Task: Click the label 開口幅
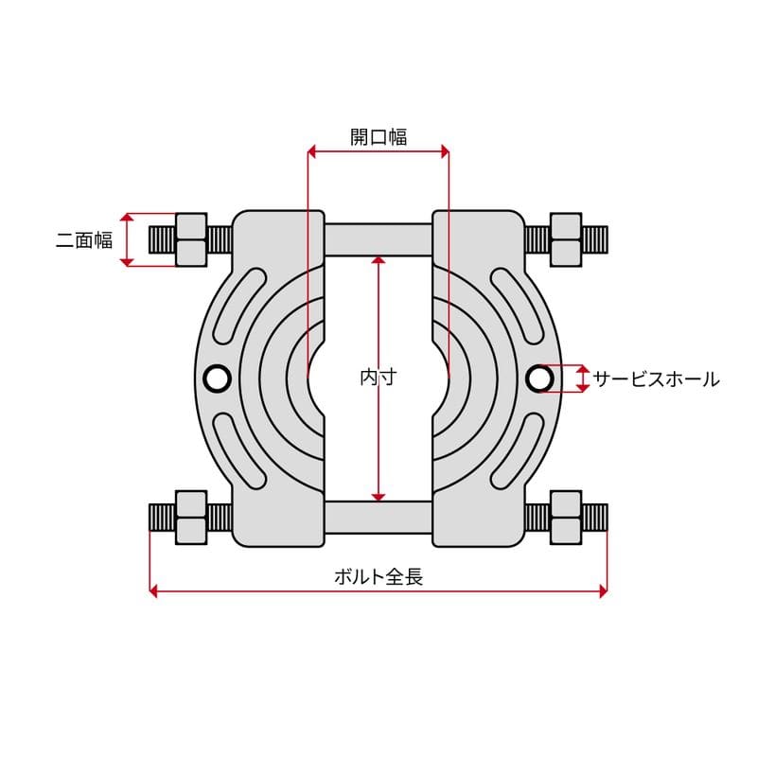(378, 136)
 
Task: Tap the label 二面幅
(83, 240)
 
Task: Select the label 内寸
(378, 377)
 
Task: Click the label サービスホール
(656, 379)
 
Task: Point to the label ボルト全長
(378, 576)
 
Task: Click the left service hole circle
(217, 378)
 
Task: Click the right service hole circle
(540, 378)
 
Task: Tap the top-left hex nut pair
(191, 239)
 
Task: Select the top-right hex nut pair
(566, 239)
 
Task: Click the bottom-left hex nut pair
(191, 518)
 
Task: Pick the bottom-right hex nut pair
(566, 518)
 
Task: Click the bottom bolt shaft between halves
(378, 518)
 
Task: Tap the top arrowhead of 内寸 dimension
(378, 262)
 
